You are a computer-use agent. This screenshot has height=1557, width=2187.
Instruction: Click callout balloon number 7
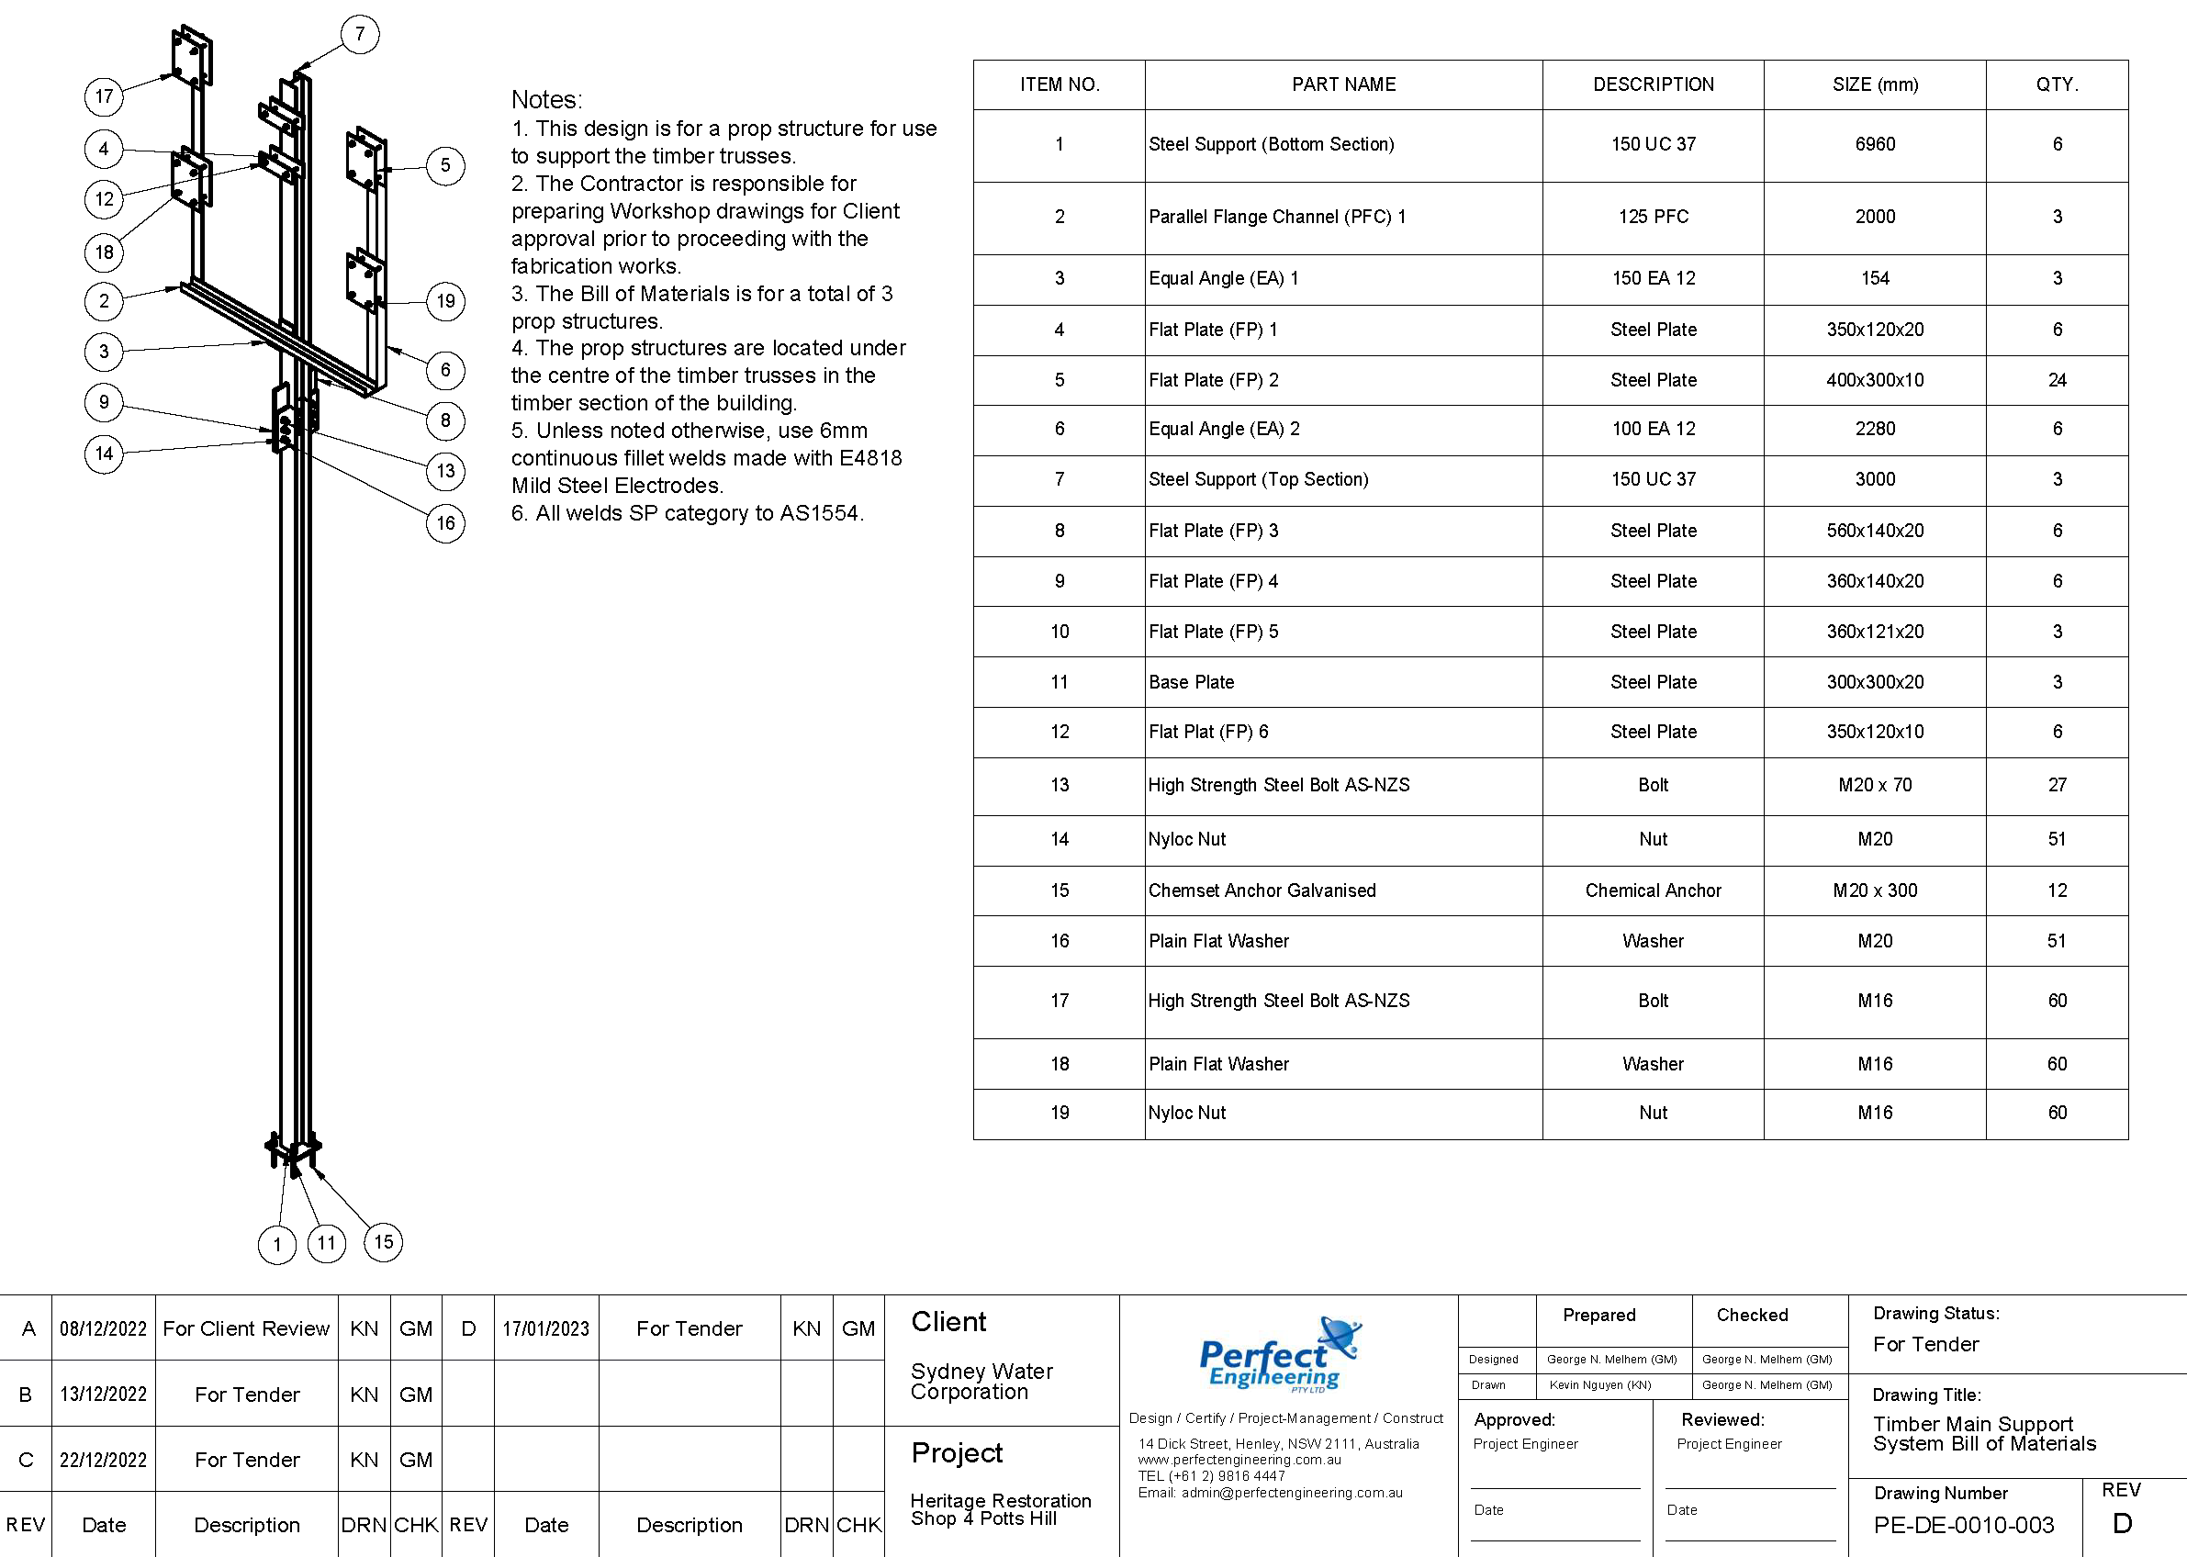360,35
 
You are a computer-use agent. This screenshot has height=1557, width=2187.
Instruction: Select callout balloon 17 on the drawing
104,95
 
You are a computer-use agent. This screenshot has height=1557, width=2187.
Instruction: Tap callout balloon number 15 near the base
384,1242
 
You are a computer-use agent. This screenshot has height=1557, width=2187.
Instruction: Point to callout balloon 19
446,302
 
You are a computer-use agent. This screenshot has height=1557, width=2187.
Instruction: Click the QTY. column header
2057,84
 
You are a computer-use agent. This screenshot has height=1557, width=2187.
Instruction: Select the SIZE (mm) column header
1875,84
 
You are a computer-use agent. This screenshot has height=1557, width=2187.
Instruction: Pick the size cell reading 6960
1875,145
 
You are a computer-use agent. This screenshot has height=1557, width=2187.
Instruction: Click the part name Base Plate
1191,683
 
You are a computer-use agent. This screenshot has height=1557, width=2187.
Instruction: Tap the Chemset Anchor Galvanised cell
1262,891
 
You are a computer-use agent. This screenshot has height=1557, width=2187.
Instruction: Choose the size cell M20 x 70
1875,785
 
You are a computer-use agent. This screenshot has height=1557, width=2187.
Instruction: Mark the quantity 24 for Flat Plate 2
2057,381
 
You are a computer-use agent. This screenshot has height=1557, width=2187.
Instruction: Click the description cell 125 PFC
1653,217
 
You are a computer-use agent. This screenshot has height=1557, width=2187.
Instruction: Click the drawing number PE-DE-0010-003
1963,1524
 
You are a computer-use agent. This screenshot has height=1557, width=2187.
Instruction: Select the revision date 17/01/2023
545,1328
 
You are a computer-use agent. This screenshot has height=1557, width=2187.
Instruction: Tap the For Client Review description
246,1328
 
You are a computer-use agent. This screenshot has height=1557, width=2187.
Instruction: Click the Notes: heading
546,100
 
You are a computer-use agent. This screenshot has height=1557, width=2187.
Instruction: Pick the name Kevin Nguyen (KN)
1599,1385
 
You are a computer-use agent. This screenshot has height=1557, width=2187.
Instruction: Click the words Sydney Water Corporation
981,1382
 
